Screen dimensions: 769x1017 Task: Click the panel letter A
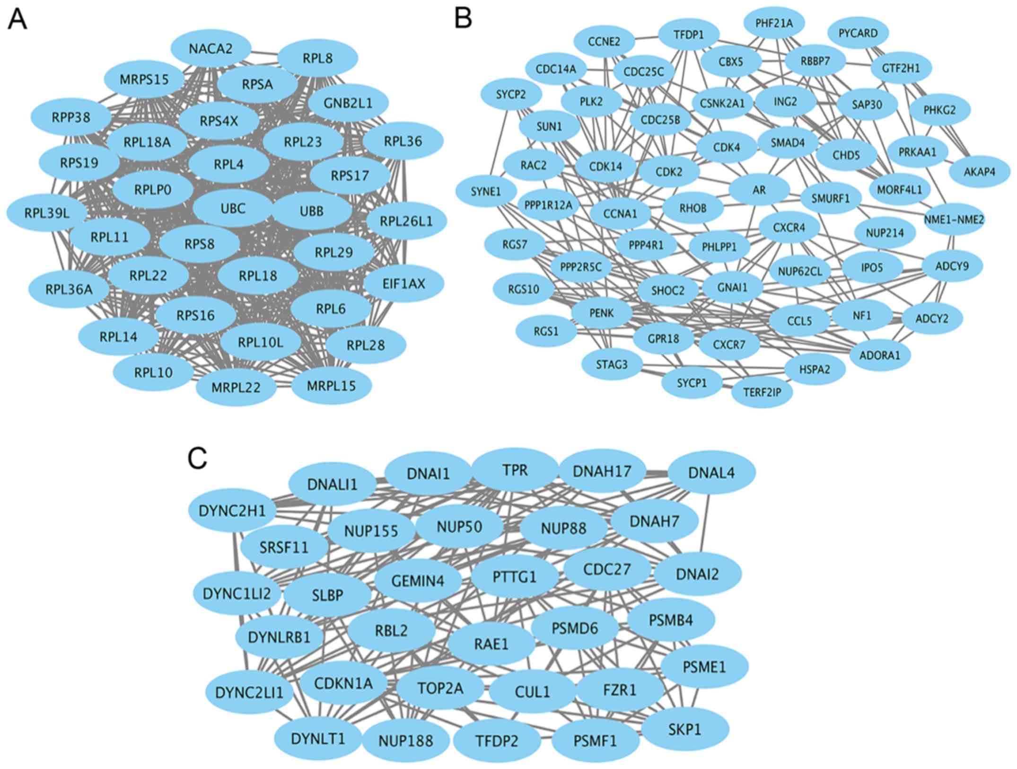click(x=17, y=20)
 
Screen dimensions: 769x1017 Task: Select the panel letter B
click(x=463, y=19)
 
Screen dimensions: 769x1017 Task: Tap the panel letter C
click(x=197, y=458)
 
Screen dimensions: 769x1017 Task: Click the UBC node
click(x=233, y=209)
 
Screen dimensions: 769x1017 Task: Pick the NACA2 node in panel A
click(x=210, y=48)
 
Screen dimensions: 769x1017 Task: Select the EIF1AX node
click(x=404, y=283)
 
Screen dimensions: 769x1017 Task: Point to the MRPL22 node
click(x=236, y=388)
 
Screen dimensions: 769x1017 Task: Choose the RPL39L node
click(x=47, y=213)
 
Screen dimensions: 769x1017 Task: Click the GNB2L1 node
click(x=348, y=103)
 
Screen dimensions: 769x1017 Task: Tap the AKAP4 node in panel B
click(x=980, y=171)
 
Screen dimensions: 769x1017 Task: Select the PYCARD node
click(x=858, y=33)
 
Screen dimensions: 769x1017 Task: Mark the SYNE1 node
click(x=486, y=192)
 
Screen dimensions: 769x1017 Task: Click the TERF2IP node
click(x=762, y=391)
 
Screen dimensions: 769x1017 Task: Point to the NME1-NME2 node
click(x=954, y=220)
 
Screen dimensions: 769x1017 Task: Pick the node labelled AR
click(x=759, y=190)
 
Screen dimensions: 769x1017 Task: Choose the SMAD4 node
click(x=788, y=142)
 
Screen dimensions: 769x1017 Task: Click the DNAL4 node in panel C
click(x=711, y=472)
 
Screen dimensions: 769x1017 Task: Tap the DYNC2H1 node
click(x=232, y=511)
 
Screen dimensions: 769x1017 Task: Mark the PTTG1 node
click(x=515, y=577)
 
